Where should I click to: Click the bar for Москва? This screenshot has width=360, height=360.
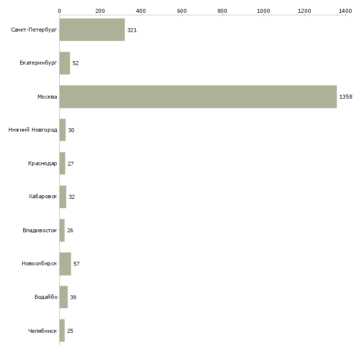point(198,97)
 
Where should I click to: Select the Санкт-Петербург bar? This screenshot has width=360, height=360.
point(92,30)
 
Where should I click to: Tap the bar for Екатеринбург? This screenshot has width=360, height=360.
point(65,63)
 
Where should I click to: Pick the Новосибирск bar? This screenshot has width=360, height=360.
point(65,264)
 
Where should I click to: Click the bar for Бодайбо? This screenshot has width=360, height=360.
point(64,297)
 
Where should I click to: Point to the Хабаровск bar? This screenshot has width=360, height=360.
point(63,197)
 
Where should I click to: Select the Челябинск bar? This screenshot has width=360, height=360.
point(62,330)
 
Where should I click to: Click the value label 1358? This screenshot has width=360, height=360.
point(346,97)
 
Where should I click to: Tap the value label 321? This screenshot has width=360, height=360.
point(132,30)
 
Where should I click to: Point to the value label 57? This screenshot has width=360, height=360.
point(76,264)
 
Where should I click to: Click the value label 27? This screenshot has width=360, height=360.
point(71,164)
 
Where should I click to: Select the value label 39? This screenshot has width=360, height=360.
point(73,297)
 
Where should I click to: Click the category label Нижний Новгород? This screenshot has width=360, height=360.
point(33,130)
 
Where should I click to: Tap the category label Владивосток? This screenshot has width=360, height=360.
point(40,230)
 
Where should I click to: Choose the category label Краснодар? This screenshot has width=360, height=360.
point(42,163)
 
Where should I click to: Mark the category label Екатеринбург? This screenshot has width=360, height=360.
point(38,63)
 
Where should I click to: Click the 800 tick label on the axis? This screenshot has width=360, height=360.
point(222,11)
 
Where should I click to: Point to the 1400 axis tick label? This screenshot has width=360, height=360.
point(345,11)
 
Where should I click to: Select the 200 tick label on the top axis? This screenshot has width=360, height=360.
point(100,11)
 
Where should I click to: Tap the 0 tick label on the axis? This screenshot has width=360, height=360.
point(60,11)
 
